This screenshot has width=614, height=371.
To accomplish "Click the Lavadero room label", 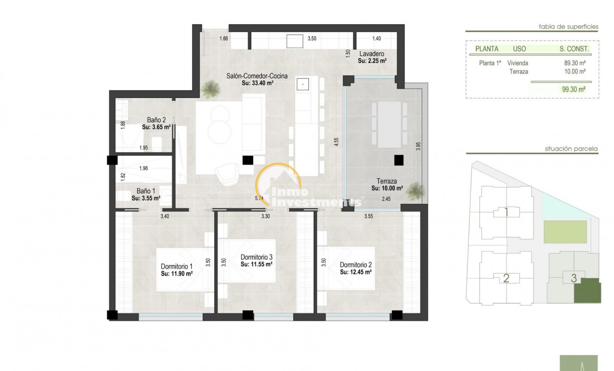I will pos(372,54).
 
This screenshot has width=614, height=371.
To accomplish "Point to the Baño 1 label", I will pos(146,191).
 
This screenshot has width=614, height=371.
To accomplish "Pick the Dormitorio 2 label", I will pos(356,265).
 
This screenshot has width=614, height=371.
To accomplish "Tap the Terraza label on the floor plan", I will pos(386,181).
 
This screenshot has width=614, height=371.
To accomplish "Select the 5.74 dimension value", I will pos(259,199).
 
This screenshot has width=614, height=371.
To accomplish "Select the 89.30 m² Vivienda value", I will pos(574,63).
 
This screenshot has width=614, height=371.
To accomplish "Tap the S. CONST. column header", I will pos(574,49).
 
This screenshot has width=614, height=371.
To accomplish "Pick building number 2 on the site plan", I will pos(506,278).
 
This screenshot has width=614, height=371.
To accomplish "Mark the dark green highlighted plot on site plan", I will pos(587,291).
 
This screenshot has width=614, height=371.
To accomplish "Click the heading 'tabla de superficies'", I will pos(568,27).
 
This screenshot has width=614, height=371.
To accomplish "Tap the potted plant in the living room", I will pos(209,88).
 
